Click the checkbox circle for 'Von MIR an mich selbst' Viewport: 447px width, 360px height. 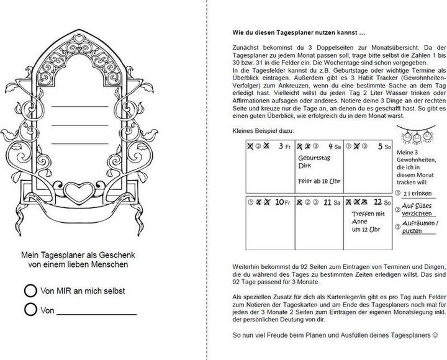29,290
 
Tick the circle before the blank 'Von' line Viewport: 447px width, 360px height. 29,309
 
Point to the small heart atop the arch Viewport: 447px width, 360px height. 79,38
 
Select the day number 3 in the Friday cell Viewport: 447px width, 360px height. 282,146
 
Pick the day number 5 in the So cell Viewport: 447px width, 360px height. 379,146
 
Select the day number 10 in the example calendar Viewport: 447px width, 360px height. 279,201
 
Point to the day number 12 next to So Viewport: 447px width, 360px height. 377,201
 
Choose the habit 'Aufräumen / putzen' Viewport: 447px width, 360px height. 421,227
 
